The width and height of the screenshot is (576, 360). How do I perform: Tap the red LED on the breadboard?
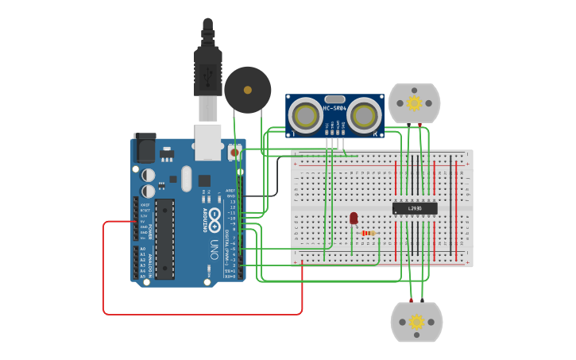tap(354, 218)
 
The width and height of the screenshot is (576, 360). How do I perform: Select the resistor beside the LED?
tap(369, 233)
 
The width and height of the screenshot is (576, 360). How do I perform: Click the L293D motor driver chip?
tap(415, 208)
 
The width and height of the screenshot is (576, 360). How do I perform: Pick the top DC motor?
tap(414, 103)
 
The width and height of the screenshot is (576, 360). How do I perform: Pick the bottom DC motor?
tap(416, 322)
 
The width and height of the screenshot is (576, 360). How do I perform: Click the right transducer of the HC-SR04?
tap(364, 115)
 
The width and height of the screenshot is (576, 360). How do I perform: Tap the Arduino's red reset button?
tap(234, 151)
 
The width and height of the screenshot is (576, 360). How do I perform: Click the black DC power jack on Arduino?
tap(145, 148)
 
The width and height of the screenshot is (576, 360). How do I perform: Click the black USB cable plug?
tap(208, 72)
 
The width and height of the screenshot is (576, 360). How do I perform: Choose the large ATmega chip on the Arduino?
tap(164, 238)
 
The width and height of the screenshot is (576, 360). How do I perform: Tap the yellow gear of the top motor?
tap(414, 103)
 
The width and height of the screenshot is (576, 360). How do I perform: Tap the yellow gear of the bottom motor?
tap(416, 322)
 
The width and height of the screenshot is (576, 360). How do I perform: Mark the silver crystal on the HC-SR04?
tap(334, 99)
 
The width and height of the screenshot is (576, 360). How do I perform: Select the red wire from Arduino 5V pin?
tap(104, 270)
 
